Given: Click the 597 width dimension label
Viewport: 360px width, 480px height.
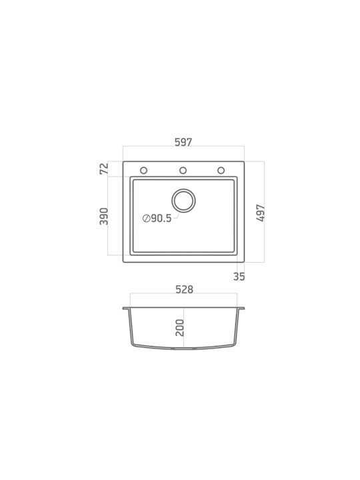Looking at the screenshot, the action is (183, 143).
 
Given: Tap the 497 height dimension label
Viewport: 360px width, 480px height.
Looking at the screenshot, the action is (261, 213).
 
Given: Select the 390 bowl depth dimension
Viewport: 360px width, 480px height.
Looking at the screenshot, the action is (104, 216).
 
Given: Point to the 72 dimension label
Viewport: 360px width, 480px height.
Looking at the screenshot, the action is (104, 169).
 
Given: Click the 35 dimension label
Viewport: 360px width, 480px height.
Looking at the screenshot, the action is (239, 277).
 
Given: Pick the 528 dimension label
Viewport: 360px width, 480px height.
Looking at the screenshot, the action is (184, 289).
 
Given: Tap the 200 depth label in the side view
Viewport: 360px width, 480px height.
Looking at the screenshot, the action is (180, 328).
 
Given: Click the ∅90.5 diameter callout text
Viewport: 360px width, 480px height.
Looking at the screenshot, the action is (157, 218).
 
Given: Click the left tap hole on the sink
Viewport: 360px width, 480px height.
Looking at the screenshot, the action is (143, 170).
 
